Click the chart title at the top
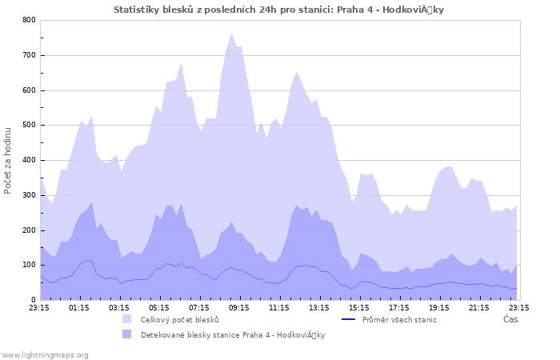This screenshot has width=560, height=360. point(278,10)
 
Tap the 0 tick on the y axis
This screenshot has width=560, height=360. point(33,301)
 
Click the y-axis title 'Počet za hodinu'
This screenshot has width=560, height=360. point(8,160)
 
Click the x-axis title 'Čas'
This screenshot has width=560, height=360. point(510,320)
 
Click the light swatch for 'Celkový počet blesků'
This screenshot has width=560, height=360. point(127,319)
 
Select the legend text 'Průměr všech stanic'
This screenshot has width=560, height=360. point(399,320)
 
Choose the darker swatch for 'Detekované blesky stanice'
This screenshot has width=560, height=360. point(127,334)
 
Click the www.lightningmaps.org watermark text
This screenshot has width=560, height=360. point(45,354)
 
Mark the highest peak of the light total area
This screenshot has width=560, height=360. point(231,34)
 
